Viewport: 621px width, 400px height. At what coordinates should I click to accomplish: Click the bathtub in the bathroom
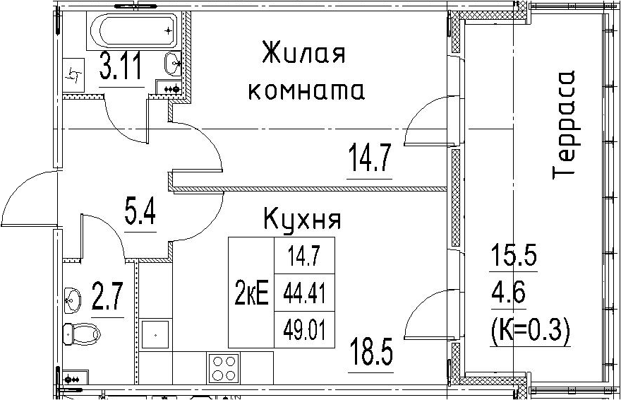tap(133, 30)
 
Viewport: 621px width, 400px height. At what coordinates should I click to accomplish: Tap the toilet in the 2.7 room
tap(82, 334)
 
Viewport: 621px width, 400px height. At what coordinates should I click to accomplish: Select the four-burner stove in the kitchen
tap(224, 368)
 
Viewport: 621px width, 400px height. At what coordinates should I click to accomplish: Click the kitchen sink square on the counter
tap(155, 334)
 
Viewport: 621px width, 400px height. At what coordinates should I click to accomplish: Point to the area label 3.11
tap(121, 66)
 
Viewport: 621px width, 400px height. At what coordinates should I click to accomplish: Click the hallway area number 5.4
tap(140, 213)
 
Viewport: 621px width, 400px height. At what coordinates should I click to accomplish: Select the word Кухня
tap(302, 219)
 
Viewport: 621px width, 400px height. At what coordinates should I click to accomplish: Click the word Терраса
tap(564, 124)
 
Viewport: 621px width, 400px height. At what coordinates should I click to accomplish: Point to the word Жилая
tap(303, 53)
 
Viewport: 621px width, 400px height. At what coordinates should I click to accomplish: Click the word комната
tap(306, 91)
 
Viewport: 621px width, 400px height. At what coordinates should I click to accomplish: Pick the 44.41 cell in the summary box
tap(304, 293)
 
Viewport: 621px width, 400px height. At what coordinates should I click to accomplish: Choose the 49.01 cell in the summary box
tap(304, 331)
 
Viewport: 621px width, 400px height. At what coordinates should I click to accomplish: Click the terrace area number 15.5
tap(514, 255)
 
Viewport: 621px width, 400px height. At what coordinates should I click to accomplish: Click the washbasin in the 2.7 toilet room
tap(73, 300)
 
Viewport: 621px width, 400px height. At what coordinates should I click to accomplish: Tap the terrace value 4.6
tap(509, 294)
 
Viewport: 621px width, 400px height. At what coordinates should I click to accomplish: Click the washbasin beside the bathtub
tap(173, 64)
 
